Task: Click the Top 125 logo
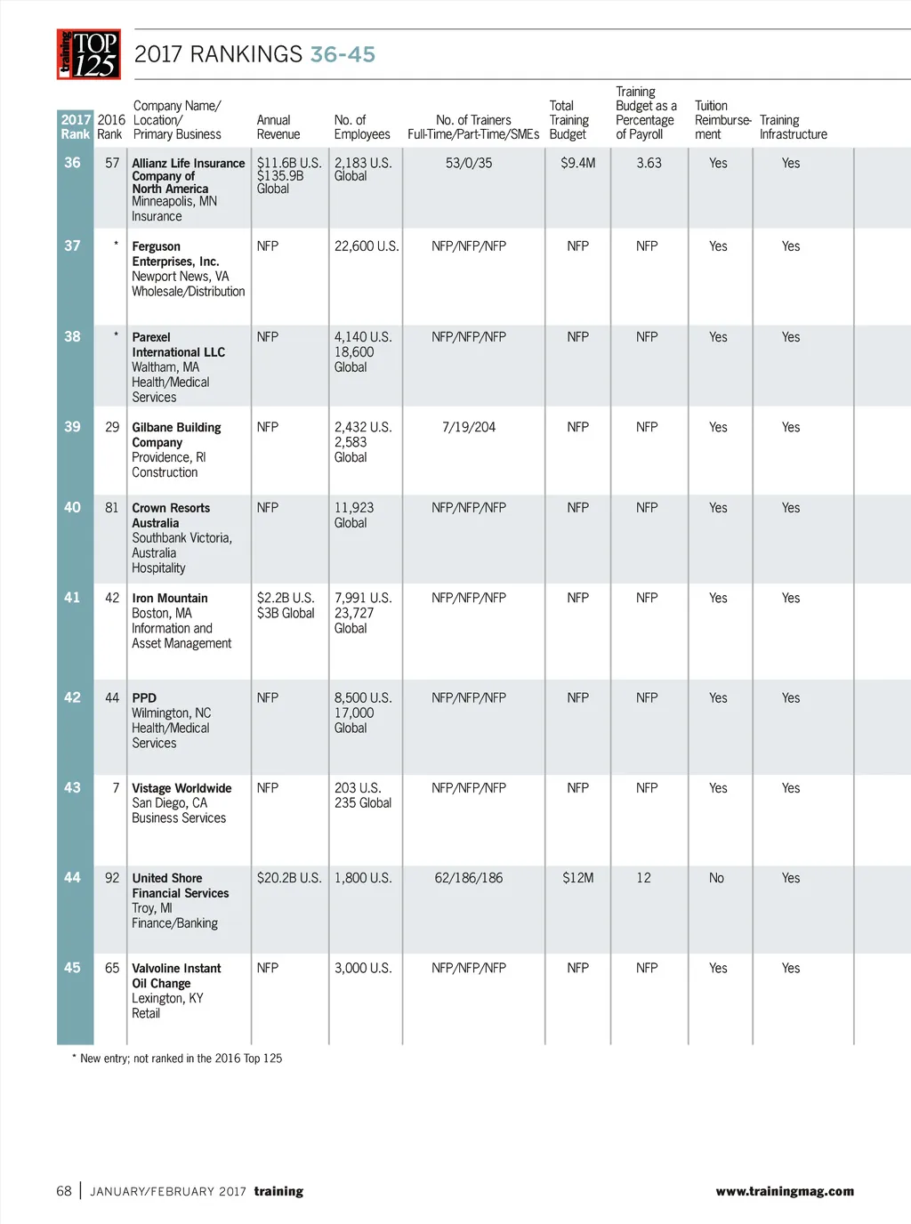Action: (89, 54)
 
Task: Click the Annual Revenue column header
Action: (278, 127)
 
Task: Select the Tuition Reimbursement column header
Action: (722, 120)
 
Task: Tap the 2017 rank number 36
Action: (72, 163)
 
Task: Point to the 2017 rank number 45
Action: (72, 967)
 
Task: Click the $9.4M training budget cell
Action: (577, 163)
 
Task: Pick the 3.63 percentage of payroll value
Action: (649, 163)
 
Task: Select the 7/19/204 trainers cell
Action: (469, 427)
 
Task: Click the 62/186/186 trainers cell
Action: (469, 878)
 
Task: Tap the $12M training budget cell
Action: (577, 878)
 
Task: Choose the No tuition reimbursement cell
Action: (716, 878)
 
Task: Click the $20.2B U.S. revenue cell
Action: (289, 878)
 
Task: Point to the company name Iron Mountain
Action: (170, 598)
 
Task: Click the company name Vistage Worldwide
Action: (181, 788)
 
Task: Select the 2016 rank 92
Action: (112, 878)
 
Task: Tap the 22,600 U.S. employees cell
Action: (367, 246)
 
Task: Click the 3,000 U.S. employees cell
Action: (363, 968)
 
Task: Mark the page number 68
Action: (64, 1191)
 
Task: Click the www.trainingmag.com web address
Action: (785, 1191)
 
